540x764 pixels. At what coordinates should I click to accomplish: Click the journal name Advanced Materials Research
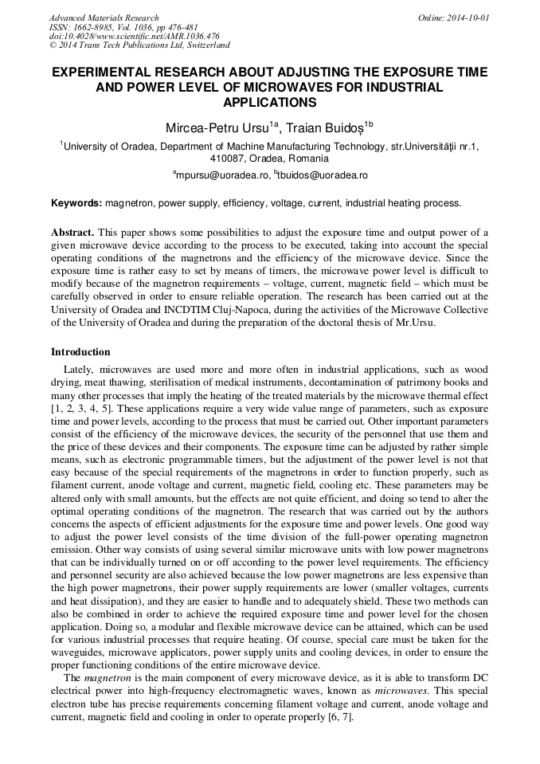104,18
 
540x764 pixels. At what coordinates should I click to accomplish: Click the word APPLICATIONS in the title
270,103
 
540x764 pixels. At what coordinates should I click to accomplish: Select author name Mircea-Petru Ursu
216,127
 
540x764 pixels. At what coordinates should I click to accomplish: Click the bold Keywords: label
76,203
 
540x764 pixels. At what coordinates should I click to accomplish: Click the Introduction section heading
80,352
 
